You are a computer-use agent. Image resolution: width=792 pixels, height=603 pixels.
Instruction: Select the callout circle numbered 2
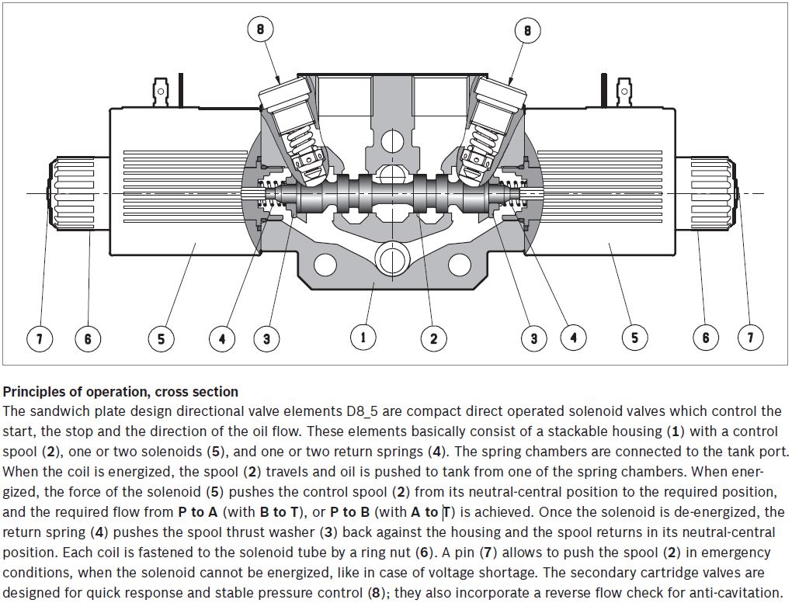click(433, 338)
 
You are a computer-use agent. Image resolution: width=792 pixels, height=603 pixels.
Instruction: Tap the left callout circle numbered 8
click(261, 30)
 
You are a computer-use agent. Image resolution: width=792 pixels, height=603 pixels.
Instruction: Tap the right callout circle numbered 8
click(527, 30)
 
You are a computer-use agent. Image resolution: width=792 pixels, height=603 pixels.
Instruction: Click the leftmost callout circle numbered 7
click(40, 338)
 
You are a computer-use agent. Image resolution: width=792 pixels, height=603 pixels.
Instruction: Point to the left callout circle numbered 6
click(88, 338)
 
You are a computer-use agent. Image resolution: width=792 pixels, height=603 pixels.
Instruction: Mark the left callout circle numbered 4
click(221, 338)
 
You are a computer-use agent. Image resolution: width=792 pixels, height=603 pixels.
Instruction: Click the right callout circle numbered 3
click(533, 338)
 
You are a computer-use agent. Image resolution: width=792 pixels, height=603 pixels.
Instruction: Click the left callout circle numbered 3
click(266, 338)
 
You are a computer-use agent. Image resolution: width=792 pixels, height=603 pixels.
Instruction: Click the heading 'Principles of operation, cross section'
click(120, 392)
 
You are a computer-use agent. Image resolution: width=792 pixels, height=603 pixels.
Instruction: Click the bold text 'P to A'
click(197, 512)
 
